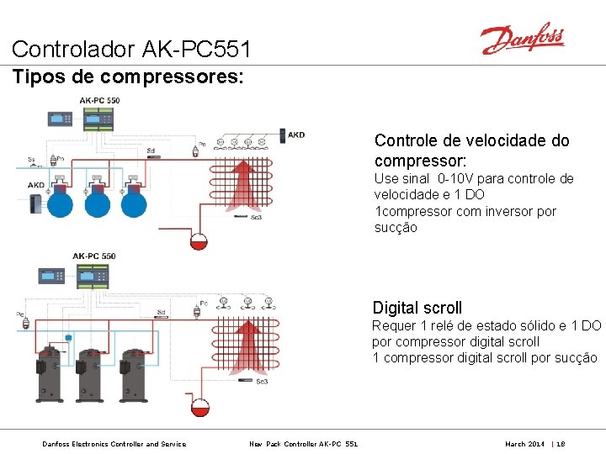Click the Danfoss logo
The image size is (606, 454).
[522, 39]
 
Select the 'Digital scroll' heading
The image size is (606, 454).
[417, 308]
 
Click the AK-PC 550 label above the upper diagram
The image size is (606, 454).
[99, 100]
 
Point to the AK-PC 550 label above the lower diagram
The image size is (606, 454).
[94, 256]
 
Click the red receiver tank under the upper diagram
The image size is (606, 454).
[199, 241]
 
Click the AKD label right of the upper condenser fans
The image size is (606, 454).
[296, 135]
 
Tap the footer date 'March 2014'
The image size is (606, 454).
[524, 443]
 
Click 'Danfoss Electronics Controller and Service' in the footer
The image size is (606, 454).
[114, 443]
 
